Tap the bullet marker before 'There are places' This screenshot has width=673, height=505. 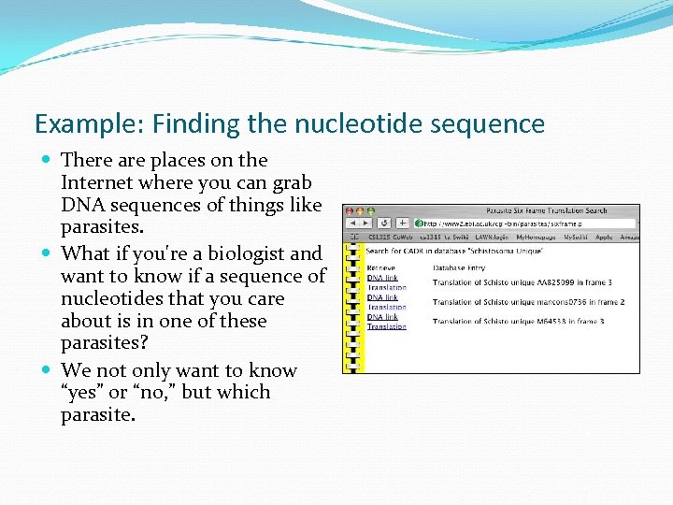(48, 161)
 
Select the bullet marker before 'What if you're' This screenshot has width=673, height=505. (48, 254)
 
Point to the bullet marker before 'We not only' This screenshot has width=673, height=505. (48, 371)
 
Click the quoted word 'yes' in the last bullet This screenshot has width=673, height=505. (83, 393)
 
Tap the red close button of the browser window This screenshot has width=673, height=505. (349, 210)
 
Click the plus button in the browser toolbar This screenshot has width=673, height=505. (403, 224)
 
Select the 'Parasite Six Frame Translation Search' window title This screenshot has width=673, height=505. (546, 210)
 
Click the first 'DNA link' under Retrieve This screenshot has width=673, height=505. (382, 278)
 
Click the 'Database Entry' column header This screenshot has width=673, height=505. (460, 267)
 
